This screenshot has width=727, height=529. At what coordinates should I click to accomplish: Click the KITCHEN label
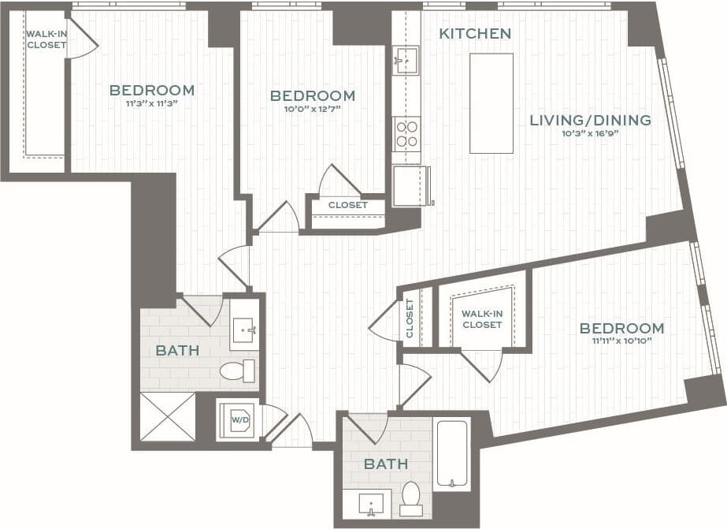475,33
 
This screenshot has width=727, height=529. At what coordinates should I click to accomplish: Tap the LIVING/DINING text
590,120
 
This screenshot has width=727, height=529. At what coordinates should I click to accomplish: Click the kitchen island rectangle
491,103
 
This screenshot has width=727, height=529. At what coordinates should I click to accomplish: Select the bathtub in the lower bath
451,454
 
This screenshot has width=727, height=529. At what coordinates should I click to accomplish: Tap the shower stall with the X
167,415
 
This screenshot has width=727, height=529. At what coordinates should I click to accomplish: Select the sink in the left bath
245,330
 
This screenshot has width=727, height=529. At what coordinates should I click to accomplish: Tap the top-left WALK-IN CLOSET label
46,39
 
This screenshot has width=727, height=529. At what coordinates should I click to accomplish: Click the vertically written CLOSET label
410,319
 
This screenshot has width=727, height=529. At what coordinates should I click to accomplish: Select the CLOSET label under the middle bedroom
347,205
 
